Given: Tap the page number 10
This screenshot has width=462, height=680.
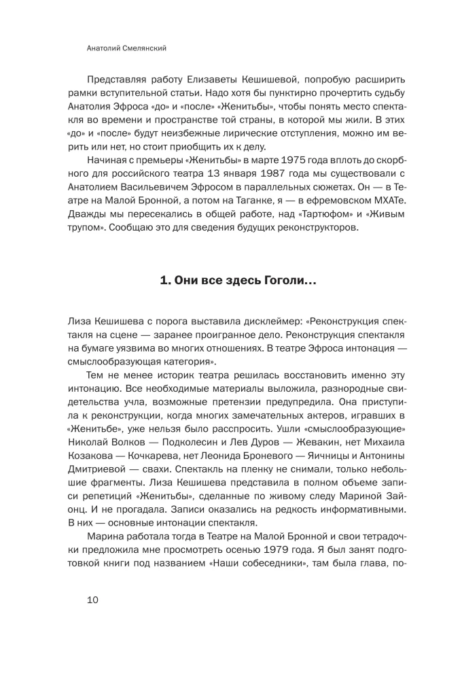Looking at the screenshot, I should (x=93, y=599).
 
